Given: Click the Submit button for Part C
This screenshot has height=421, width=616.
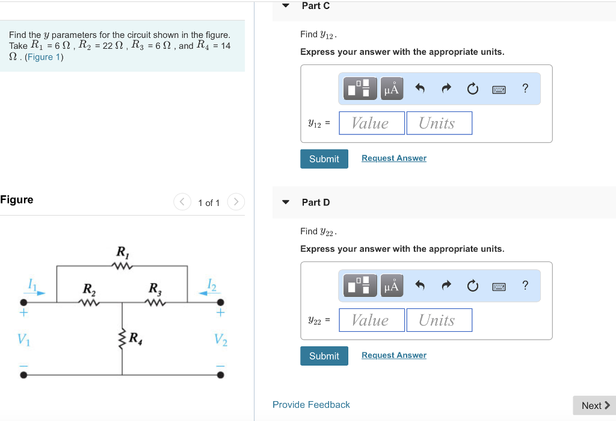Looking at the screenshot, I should [x=324, y=159].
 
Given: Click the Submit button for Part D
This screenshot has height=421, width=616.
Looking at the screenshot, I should [x=324, y=356].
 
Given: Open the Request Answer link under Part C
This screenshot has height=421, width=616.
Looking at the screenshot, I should [x=393, y=158].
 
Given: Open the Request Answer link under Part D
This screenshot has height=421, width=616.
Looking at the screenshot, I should [x=393, y=355].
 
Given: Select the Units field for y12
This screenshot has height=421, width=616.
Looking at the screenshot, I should [x=439, y=123].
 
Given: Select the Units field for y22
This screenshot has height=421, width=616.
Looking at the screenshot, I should [x=439, y=320].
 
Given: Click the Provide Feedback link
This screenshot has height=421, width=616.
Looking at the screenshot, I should [x=311, y=405].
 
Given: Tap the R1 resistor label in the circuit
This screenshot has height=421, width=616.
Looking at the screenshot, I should [x=122, y=252].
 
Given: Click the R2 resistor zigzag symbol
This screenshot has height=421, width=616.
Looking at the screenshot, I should [x=89, y=302].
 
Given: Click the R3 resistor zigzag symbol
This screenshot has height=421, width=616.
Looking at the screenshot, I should [x=155, y=302].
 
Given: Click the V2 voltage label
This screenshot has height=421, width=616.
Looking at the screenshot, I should [x=221, y=340].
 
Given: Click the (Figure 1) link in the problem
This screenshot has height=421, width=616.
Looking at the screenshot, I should [x=44, y=57].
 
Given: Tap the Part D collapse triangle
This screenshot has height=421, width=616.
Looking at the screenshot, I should [x=286, y=202].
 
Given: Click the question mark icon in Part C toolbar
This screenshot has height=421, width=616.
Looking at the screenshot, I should [x=525, y=89].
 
